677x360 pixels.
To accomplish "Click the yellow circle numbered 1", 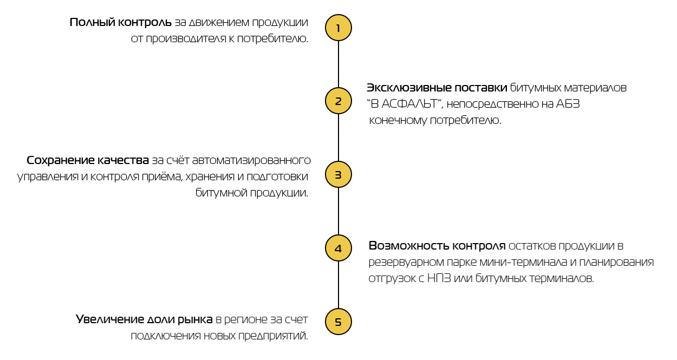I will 338,28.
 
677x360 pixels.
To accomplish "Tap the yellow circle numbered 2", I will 338,101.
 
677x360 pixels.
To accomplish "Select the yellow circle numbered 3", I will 338,175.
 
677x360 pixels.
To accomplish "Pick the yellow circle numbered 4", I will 338,248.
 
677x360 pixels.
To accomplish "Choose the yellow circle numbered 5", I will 338,322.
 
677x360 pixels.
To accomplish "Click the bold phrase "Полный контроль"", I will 121,23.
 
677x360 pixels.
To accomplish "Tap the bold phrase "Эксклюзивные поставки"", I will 437,88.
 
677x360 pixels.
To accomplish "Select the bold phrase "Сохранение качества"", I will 88,161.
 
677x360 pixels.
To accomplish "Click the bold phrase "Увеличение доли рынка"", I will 144,319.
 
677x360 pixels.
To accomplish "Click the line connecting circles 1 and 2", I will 338,64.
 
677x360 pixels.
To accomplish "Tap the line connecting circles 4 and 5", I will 338,285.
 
